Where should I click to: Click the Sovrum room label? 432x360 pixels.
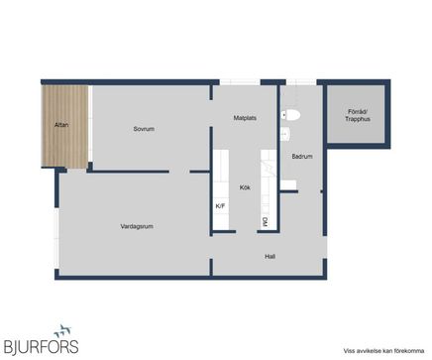coord(144,129)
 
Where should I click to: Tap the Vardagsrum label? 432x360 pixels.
coord(137,226)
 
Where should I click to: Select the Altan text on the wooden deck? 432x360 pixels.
coord(61,125)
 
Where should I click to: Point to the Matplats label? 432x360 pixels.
coord(245,118)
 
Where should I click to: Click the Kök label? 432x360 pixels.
coord(245,187)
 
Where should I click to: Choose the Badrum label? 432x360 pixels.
coord(302,157)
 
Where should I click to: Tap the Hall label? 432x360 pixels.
coord(270,257)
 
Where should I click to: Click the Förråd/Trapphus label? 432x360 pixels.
coord(358,115)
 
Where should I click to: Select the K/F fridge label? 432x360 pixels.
coord(220,206)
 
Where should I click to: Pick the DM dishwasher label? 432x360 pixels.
coord(265,222)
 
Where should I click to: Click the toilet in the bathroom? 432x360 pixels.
coord(290,115)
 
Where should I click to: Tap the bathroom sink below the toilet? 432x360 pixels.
coord(285,134)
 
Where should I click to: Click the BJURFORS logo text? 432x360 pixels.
coord(41,347)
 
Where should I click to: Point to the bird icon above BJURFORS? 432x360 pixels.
coord(62,330)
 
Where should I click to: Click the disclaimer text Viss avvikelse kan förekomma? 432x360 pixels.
coord(383,351)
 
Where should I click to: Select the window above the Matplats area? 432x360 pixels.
coord(240,82)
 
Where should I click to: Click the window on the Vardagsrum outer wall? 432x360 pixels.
coord(57,238)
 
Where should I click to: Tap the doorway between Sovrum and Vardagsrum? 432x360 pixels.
coord(179,172)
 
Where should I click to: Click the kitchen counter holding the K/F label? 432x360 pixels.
coord(221,188)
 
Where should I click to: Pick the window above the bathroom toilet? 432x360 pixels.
coord(301,82)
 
